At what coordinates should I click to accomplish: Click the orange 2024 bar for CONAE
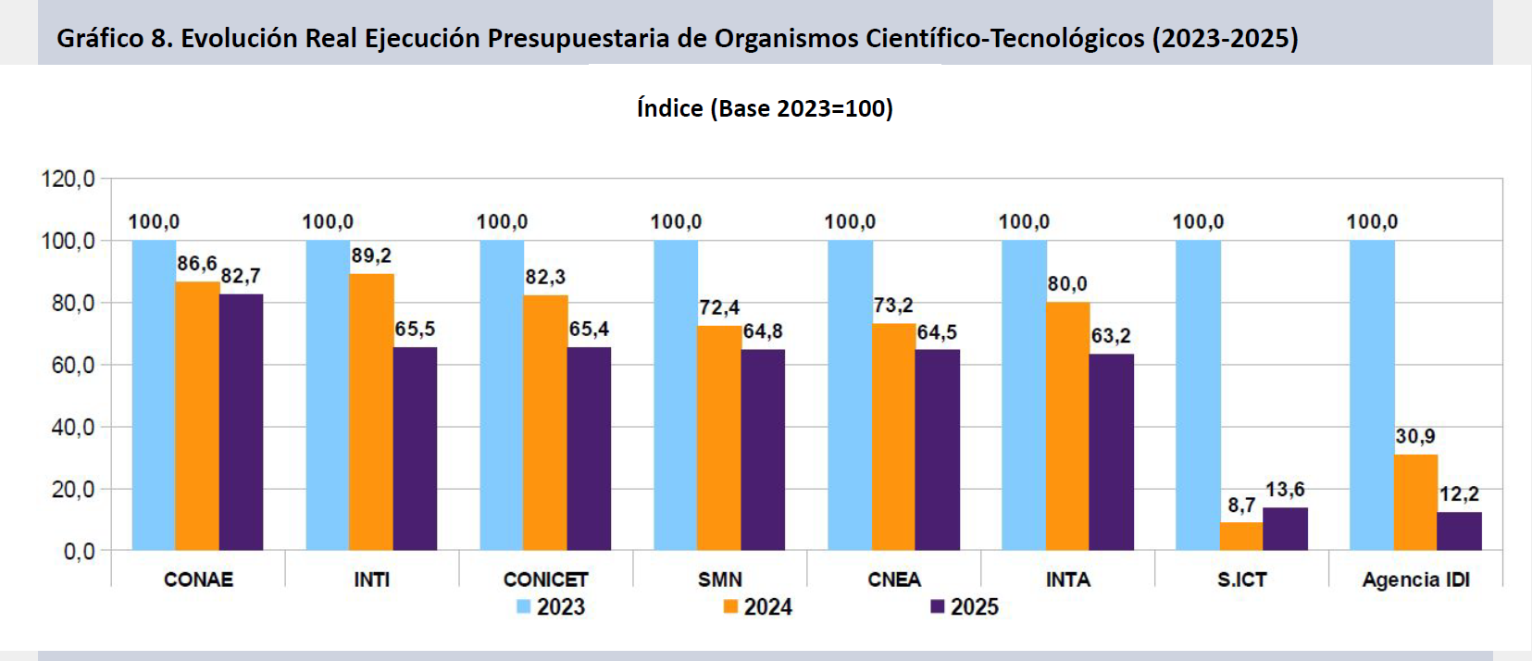tap(197, 416)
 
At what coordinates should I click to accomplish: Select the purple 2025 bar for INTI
tap(415, 448)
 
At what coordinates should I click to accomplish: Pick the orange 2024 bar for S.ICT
tap(1241, 537)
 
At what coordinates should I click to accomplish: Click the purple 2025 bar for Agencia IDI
tap(1459, 531)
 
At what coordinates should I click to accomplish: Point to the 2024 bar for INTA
tap(1067, 426)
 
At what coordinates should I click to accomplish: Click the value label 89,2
tap(371, 256)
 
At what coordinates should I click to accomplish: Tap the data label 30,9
tap(1415, 436)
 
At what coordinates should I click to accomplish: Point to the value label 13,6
tap(1285, 490)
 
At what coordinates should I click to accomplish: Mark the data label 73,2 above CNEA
tap(893, 306)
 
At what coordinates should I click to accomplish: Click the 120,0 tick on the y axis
tap(68, 179)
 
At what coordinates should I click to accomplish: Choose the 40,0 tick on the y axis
tap(72, 427)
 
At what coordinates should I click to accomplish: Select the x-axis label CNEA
tap(894, 580)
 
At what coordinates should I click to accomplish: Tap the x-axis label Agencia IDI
tap(1415, 580)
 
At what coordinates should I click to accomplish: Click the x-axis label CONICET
tap(545, 580)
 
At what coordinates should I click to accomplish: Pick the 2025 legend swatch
tap(938, 606)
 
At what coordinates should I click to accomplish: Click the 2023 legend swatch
tap(524, 606)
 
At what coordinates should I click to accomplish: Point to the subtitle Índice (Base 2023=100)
tap(765, 108)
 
